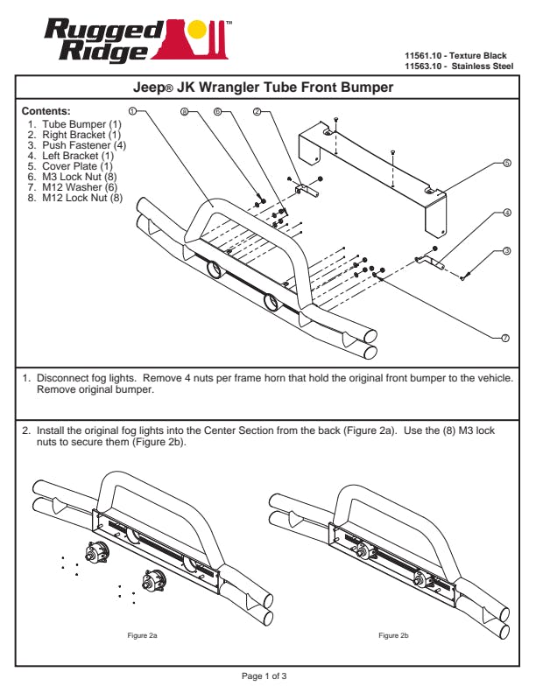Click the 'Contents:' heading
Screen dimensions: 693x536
[x=46, y=111]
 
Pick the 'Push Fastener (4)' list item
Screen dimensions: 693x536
[x=79, y=145]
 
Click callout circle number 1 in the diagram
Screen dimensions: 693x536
[x=131, y=111]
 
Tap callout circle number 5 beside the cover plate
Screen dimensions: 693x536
[x=507, y=164]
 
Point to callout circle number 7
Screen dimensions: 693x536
[x=505, y=338]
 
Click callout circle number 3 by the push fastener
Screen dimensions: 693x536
[x=507, y=252]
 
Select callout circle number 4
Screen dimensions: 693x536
[x=507, y=213]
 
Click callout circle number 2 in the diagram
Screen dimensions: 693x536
[x=257, y=111]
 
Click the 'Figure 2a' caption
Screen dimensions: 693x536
[x=142, y=633]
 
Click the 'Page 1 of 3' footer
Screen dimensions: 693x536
[x=264, y=676]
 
